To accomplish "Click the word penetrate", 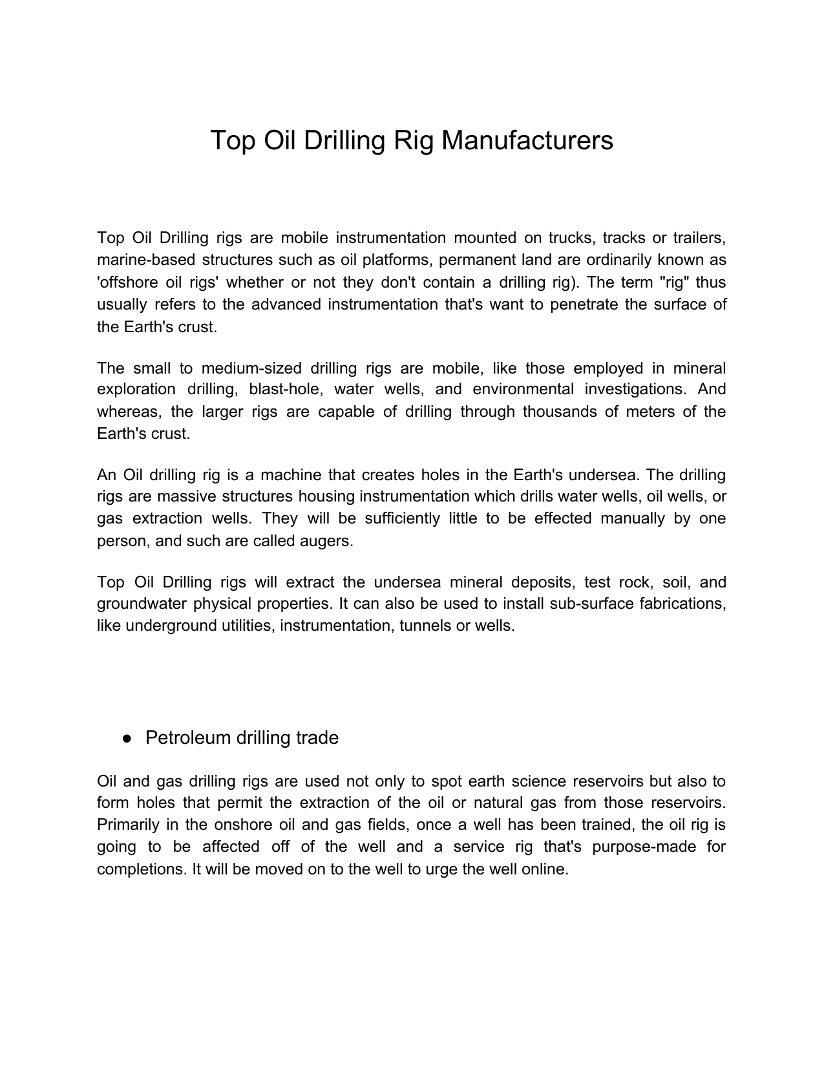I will coord(584,304).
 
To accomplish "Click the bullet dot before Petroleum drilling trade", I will coord(128,738).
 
